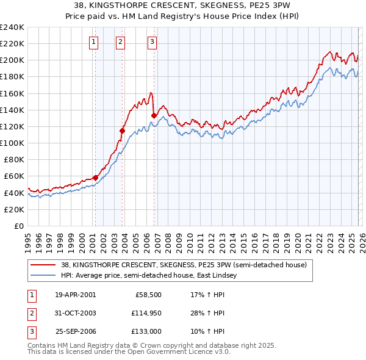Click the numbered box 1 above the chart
94,42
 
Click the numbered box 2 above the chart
121,42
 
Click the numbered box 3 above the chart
152,42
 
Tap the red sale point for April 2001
95,178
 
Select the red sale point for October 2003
123,131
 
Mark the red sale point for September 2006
154,115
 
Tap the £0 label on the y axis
18,226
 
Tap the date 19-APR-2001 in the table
76,294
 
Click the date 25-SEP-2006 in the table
76,332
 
